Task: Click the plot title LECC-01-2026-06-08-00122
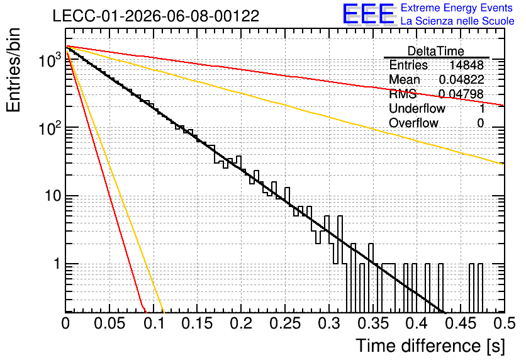coord(156,16)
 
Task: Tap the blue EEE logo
coord(369,14)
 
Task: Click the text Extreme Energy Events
coord(457,8)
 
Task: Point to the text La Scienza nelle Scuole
coord(457,21)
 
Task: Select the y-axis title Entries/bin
coord(13,70)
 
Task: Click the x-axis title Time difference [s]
coord(430,346)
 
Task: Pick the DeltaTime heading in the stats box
coord(436,51)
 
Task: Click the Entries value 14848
coord(466,65)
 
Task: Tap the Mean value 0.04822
coord(461,79)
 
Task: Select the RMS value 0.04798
coord(461,94)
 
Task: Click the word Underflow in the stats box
coord(417,108)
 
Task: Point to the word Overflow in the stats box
coord(413,123)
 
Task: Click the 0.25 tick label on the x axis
coord(286,323)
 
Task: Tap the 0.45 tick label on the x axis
coord(461,323)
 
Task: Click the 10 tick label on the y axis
coord(53,196)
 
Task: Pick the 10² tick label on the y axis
coord(50,128)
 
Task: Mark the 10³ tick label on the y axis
coord(50,60)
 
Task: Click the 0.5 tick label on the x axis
coord(505,323)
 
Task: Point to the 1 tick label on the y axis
coord(58,264)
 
